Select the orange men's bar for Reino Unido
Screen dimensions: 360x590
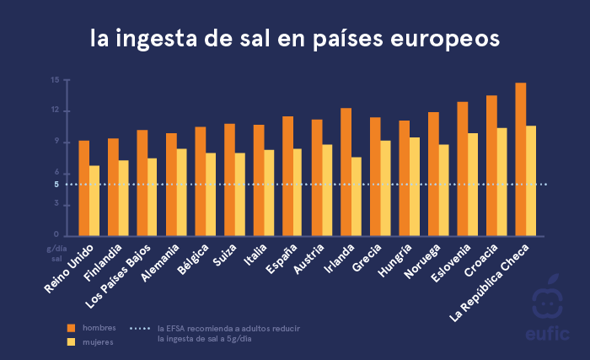click(83, 188)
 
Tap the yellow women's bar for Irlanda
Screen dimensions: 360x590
click(357, 196)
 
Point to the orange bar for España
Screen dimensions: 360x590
click(287, 176)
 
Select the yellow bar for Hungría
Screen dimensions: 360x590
click(415, 186)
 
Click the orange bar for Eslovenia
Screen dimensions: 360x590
click(462, 169)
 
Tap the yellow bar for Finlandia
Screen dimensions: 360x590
click(124, 197)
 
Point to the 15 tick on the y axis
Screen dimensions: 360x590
click(55, 80)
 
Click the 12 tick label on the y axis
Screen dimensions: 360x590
click(55, 110)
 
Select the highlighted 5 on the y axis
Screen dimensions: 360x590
click(56, 185)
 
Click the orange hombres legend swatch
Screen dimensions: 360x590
click(71, 327)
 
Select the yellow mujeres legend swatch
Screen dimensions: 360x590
click(71, 341)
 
